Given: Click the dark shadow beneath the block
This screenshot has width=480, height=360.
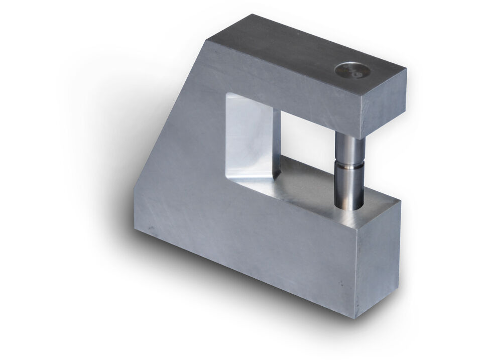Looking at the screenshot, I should (226, 291).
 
